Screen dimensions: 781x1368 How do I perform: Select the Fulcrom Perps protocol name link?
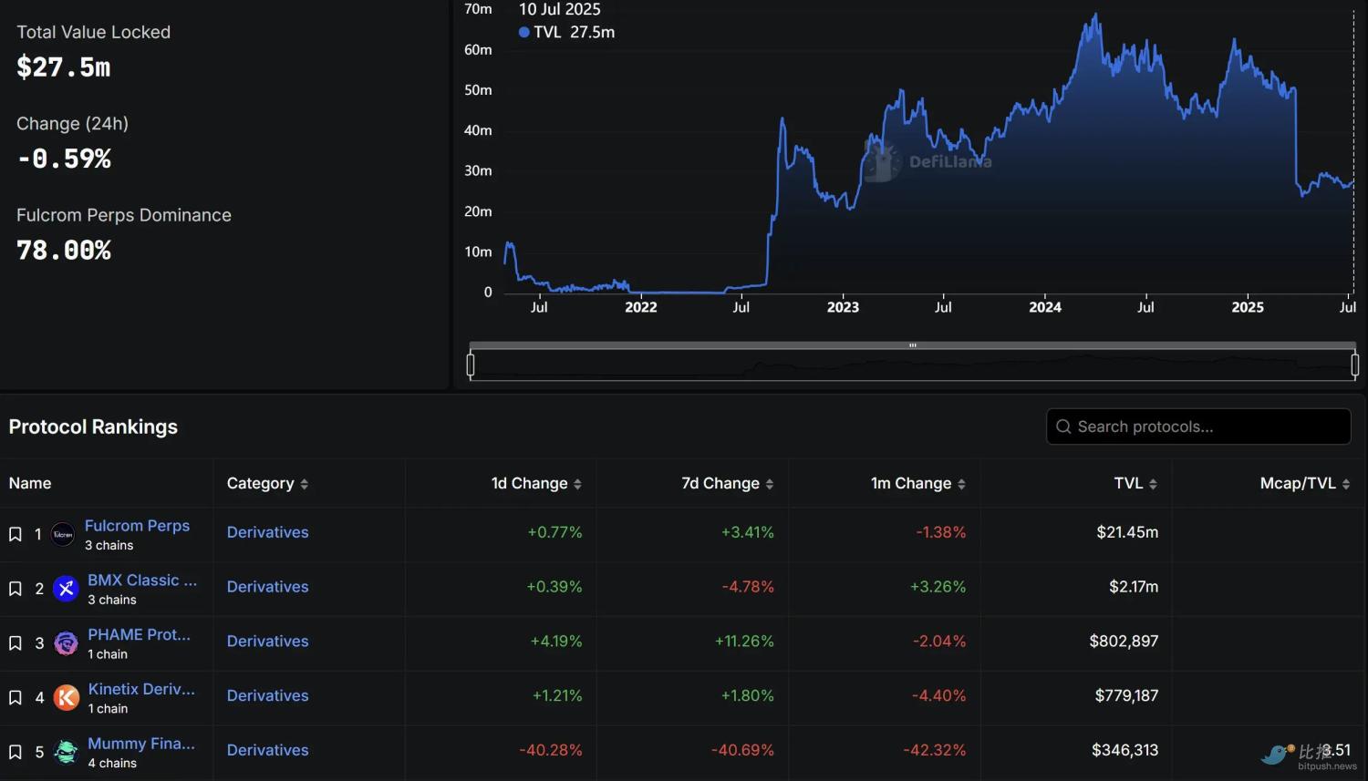click(137, 526)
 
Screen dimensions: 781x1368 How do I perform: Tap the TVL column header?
click(1128, 483)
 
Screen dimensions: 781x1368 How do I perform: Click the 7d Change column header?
click(720, 483)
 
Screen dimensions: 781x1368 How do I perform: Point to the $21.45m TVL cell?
click(1127, 532)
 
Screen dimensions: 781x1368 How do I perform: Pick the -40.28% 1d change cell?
click(551, 750)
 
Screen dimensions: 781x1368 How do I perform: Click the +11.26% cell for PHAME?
click(744, 642)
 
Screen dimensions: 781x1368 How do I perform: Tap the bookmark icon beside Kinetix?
click(16, 697)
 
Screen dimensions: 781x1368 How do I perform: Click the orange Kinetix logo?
click(67, 697)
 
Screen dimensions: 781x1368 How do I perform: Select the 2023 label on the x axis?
click(843, 307)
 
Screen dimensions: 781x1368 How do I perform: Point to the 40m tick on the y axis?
click(478, 130)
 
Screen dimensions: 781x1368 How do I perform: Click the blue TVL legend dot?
click(524, 32)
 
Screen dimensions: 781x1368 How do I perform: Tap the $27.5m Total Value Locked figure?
click(64, 67)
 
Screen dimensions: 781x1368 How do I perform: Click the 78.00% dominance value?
click(64, 251)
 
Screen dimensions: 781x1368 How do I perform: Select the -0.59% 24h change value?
click(64, 159)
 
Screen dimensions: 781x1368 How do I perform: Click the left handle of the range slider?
click(471, 365)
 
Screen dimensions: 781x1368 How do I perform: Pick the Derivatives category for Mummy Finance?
click(267, 750)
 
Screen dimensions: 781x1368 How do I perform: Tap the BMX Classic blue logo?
click(66, 589)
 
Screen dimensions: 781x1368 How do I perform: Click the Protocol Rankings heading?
click(93, 426)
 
